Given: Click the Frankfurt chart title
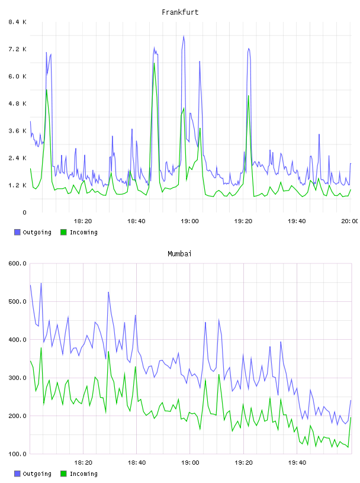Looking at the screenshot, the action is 180,12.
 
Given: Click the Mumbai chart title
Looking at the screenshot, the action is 179,254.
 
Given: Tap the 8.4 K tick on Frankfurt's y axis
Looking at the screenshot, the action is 18,22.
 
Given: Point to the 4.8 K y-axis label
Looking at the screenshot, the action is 18,104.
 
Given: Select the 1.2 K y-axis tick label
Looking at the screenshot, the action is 18,185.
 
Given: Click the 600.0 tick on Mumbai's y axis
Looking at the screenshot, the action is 18,263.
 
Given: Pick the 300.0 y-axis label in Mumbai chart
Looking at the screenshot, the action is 18,378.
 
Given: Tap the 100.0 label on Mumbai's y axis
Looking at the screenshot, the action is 18,454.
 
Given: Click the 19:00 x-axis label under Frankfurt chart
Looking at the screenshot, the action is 190,221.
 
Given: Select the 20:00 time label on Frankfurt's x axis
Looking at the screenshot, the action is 350,221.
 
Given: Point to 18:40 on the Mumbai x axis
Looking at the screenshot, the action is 137,463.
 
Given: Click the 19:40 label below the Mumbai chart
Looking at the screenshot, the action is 297,463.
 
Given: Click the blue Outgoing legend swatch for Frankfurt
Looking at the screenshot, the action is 17,232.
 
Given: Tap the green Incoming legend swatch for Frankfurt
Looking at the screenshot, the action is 63,232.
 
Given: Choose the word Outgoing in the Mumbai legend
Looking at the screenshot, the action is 37,474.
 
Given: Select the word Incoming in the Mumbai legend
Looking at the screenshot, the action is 83,474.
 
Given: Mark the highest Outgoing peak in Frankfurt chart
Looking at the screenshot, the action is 184,36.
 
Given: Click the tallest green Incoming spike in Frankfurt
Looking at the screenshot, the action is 154,63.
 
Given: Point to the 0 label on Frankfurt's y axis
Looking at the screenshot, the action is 24,212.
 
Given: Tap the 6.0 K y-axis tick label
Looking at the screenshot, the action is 18,76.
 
